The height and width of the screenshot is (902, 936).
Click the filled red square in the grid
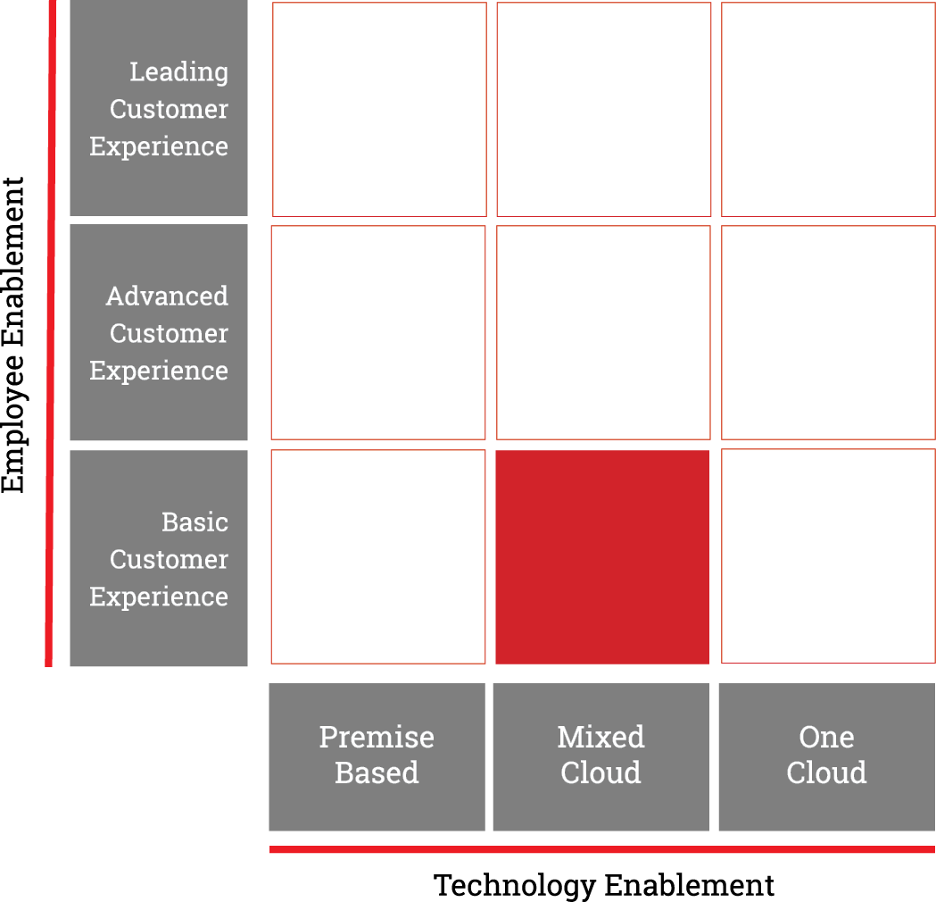tap(602, 556)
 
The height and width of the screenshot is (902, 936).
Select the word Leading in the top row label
tap(179, 72)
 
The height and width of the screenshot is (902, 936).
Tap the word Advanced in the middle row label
tap(167, 296)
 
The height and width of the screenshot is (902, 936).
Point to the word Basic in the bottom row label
tap(195, 522)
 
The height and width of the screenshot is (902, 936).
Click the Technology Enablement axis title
tap(603, 885)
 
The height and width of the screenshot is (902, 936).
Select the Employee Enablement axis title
tap(13, 335)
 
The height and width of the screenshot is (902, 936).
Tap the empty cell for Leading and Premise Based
tap(379, 109)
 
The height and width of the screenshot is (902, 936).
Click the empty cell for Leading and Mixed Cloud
tap(604, 109)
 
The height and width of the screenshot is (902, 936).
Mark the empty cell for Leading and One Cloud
tap(829, 109)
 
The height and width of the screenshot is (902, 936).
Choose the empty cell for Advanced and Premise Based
tap(378, 333)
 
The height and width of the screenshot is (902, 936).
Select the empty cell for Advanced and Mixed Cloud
tap(603, 333)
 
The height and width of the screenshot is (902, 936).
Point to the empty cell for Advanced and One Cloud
tap(829, 333)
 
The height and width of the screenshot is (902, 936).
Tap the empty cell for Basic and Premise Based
tap(378, 556)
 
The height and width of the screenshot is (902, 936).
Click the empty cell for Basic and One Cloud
tap(829, 556)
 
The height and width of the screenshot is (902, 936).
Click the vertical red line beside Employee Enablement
tap(51, 333)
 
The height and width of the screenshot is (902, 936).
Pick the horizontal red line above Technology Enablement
tap(602, 849)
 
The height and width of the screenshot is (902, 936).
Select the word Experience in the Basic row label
tap(159, 597)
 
